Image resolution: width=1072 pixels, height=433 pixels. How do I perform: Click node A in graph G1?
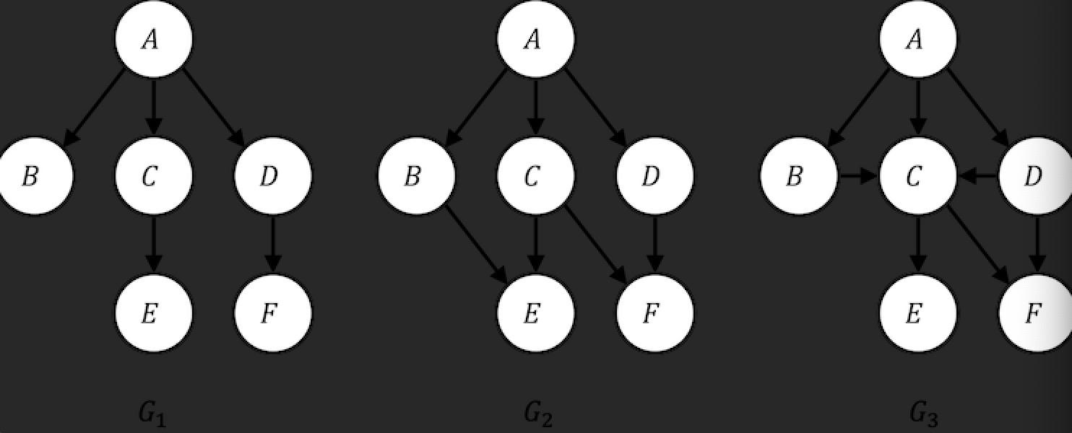click(154, 39)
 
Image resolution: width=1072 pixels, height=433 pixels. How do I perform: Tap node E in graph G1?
click(154, 313)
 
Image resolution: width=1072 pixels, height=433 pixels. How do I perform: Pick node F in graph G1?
click(273, 313)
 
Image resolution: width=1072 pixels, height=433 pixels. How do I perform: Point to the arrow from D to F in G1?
click(273, 245)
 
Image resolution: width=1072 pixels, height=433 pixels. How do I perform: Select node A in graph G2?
click(536, 39)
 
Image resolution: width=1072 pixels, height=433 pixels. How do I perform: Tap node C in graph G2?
click(536, 176)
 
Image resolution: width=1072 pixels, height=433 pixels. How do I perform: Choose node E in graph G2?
click(536, 313)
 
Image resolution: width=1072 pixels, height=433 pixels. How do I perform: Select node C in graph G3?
click(917, 176)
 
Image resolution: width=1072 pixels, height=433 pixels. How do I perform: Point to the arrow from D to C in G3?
click(977, 176)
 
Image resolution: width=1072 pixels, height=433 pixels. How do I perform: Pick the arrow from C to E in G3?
click(917, 245)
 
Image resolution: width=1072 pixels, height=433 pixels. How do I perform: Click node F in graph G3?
click(1034, 313)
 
